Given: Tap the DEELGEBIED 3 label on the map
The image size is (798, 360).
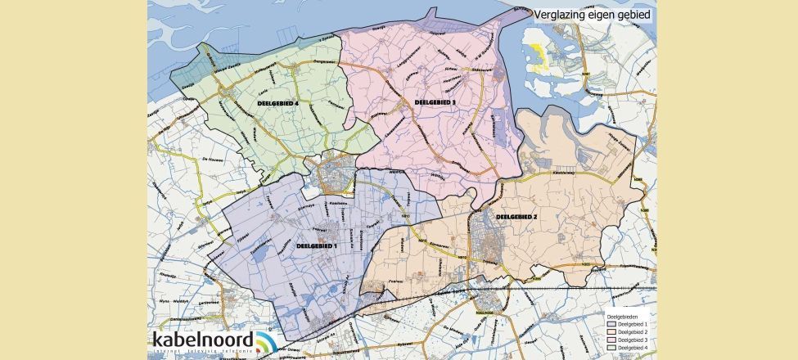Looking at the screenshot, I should click(x=435, y=102).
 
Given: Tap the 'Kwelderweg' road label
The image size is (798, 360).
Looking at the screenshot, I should click(x=561, y=171).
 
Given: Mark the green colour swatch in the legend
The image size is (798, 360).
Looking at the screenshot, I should click(x=611, y=348).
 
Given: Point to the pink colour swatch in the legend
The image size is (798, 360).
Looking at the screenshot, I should click(x=611, y=340).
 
